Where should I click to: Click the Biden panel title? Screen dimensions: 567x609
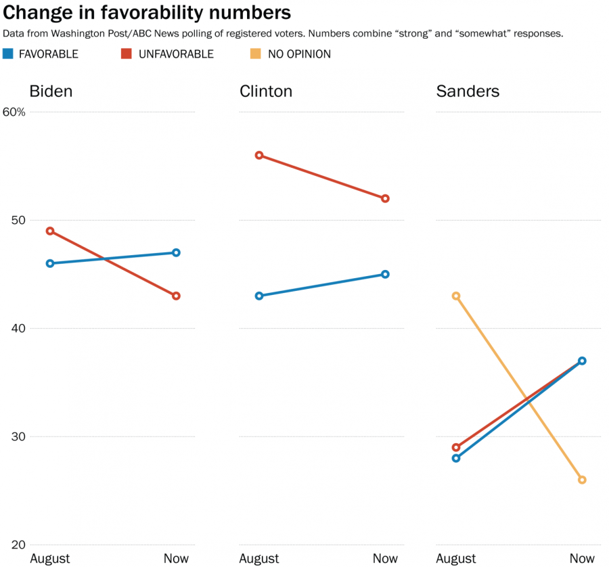(51, 91)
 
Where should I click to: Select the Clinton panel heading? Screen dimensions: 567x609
(266, 91)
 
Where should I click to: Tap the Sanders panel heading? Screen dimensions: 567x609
(468, 91)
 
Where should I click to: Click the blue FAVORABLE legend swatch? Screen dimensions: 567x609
(8, 53)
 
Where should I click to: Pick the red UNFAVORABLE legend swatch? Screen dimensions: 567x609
(127, 53)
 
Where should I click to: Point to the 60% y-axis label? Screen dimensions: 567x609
(14, 112)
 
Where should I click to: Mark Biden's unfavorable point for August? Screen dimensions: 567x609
(50, 231)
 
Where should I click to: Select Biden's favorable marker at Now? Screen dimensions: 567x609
(176, 252)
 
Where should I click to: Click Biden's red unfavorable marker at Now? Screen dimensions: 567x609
(176, 296)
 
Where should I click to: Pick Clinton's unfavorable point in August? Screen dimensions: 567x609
(259, 155)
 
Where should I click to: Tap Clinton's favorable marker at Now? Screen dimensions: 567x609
(385, 274)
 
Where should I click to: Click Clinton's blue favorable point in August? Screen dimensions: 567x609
(259, 296)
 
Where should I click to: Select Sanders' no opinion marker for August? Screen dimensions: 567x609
(456, 296)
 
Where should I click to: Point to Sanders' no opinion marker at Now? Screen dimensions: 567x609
(582, 480)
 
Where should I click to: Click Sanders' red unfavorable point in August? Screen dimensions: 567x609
(456, 447)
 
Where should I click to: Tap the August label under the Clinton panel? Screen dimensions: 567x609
(259, 559)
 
